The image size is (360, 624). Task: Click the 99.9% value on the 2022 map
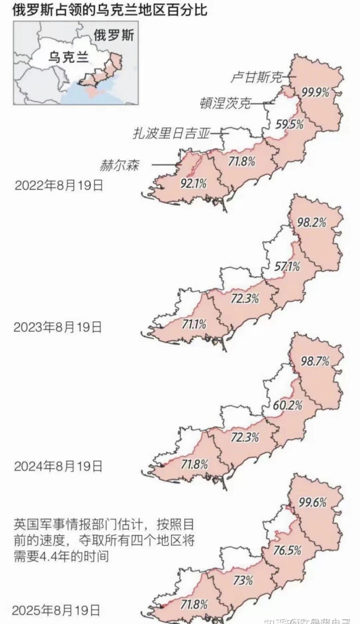pyautogui.click(x=315, y=92)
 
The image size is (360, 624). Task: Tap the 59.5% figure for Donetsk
pyautogui.click(x=289, y=124)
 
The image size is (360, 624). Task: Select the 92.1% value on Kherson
pyautogui.click(x=193, y=183)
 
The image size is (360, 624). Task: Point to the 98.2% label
pyautogui.click(x=311, y=223)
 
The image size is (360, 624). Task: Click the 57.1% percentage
pyautogui.click(x=287, y=266)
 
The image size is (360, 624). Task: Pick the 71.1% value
pyautogui.click(x=194, y=324)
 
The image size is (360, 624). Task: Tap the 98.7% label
pyautogui.click(x=315, y=361)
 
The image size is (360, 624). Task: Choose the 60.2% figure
pyautogui.click(x=288, y=405)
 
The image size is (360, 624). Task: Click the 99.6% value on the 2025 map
pyautogui.click(x=312, y=502)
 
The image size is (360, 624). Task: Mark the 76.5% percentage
pyautogui.click(x=287, y=550)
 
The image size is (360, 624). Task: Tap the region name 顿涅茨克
pyautogui.click(x=225, y=103)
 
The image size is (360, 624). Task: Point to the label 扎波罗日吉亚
pyautogui.click(x=171, y=133)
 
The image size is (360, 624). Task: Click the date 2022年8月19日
pyautogui.click(x=58, y=185)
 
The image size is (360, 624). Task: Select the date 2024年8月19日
pyautogui.click(x=58, y=466)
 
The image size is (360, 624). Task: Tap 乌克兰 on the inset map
pyautogui.click(x=69, y=57)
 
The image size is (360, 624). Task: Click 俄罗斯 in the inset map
pyautogui.click(x=113, y=35)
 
